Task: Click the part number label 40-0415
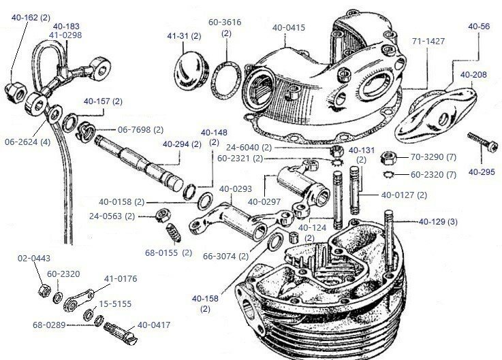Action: pyautogui.click(x=289, y=28)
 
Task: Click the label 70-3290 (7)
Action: pyautogui.click(x=433, y=157)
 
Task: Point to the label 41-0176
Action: pyautogui.click(x=121, y=278)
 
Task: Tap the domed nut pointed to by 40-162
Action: pyautogui.click(x=14, y=87)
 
